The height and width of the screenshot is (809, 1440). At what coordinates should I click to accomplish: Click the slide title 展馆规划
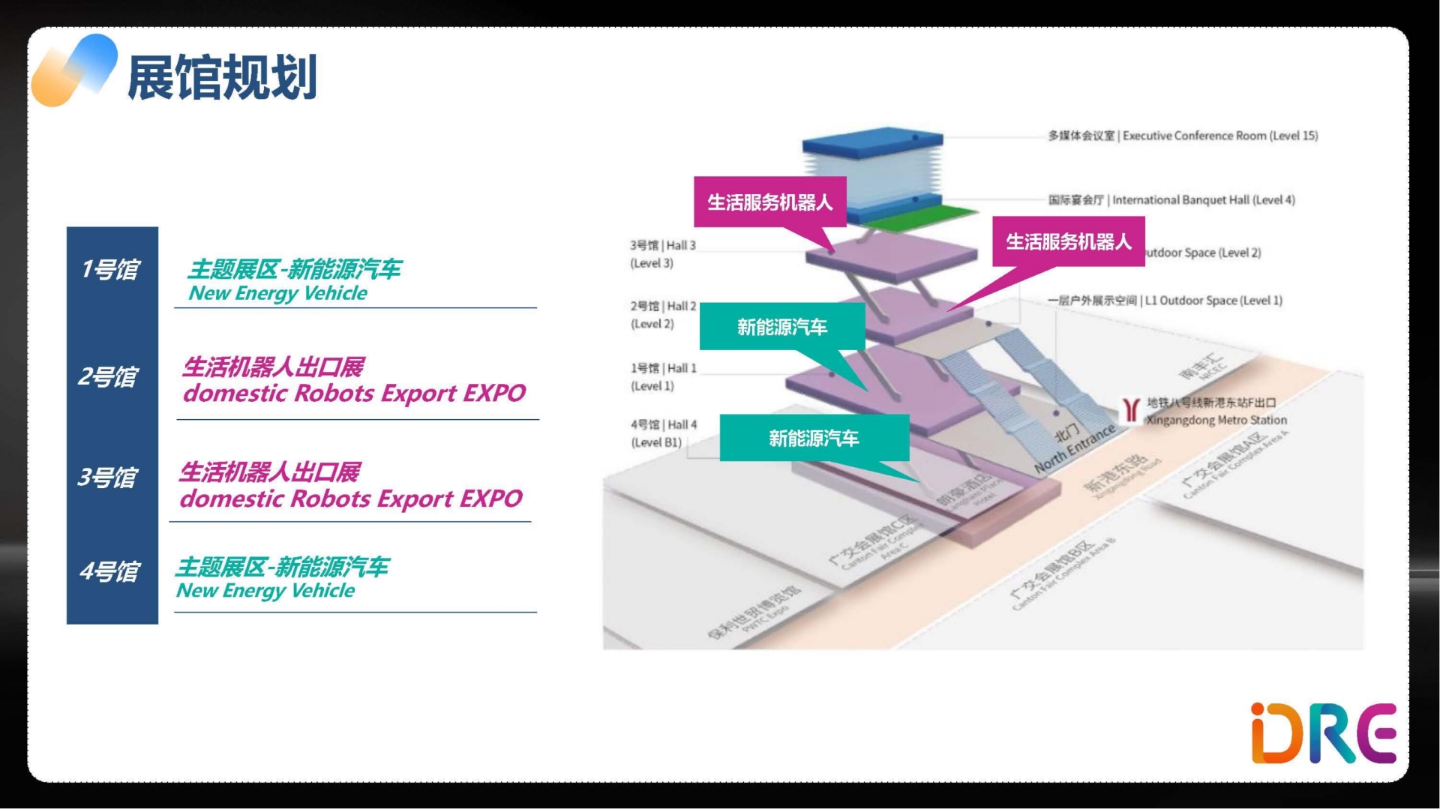tap(222, 77)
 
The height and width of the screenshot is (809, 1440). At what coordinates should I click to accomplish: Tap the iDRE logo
tap(1323, 733)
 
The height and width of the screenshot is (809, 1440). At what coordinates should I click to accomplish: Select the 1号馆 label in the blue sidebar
tap(111, 269)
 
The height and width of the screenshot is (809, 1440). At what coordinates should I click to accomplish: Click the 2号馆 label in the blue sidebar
tap(109, 376)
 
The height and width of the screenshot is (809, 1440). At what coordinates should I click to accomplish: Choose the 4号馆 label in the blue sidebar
tap(110, 571)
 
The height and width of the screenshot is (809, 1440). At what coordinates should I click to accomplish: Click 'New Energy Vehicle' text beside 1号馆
tap(277, 293)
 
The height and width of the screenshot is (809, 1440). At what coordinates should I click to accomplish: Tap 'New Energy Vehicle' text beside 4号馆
tap(265, 591)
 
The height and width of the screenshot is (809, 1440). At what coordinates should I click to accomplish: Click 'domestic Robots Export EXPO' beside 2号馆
tap(354, 394)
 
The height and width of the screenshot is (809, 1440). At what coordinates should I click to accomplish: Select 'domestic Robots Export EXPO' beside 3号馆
tap(351, 499)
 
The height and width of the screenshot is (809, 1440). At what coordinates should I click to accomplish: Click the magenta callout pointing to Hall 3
tap(769, 202)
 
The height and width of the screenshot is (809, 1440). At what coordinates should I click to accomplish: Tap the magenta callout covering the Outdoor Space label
tap(1068, 241)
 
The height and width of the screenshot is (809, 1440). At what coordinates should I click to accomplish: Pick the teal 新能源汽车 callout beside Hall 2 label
tap(781, 327)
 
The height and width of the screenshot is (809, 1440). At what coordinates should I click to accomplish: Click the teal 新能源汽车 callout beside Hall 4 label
tap(814, 438)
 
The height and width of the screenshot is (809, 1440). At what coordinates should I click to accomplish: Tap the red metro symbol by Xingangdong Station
tap(1130, 409)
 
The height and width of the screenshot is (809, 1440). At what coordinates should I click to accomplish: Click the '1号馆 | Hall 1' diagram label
tap(663, 368)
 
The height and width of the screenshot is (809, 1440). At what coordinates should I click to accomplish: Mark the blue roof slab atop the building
tap(872, 139)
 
